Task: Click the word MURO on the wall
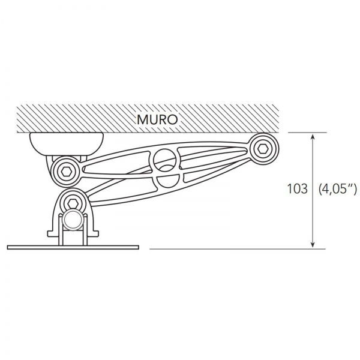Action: click(157, 119)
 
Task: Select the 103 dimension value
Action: click(298, 189)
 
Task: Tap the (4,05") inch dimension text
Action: click(338, 189)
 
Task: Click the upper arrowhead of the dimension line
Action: click(313, 137)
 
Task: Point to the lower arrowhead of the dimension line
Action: click(313, 244)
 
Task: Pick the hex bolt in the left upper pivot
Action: click(66, 170)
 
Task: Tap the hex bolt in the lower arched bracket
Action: click(73, 203)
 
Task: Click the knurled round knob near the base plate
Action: click(73, 220)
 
